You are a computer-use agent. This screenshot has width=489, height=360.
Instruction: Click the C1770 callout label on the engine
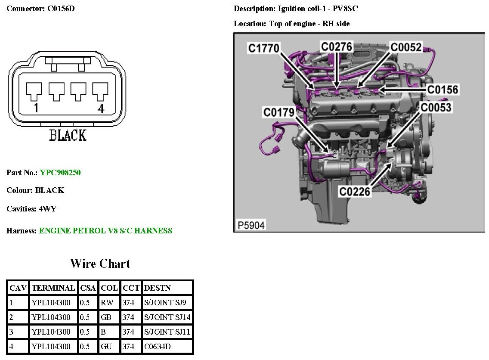[264, 48]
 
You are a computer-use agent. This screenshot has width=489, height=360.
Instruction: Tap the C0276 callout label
[337, 47]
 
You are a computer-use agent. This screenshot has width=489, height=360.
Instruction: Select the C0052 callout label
[406, 47]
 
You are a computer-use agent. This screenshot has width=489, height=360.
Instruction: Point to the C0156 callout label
[443, 90]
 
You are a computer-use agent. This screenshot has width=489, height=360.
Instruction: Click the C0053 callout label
[436, 107]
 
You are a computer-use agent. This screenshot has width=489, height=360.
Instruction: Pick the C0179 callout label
[279, 113]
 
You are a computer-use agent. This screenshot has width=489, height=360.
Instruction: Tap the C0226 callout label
[355, 191]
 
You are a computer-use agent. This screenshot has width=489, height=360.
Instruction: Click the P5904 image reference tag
[251, 225]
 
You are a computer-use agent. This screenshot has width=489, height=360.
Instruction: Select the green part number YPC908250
[60, 173]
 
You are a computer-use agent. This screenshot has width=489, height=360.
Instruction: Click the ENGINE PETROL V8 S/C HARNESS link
[105, 230]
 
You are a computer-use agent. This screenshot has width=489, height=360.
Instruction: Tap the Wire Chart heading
[100, 263]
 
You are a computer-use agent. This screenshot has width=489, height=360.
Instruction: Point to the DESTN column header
[158, 288]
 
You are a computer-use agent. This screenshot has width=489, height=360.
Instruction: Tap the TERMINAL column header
[53, 288]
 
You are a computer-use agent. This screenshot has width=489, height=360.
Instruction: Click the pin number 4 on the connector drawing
[101, 108]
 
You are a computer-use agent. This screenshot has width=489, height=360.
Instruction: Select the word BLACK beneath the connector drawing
[68, 135]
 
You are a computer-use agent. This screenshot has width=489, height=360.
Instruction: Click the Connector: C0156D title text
[41, 9]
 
